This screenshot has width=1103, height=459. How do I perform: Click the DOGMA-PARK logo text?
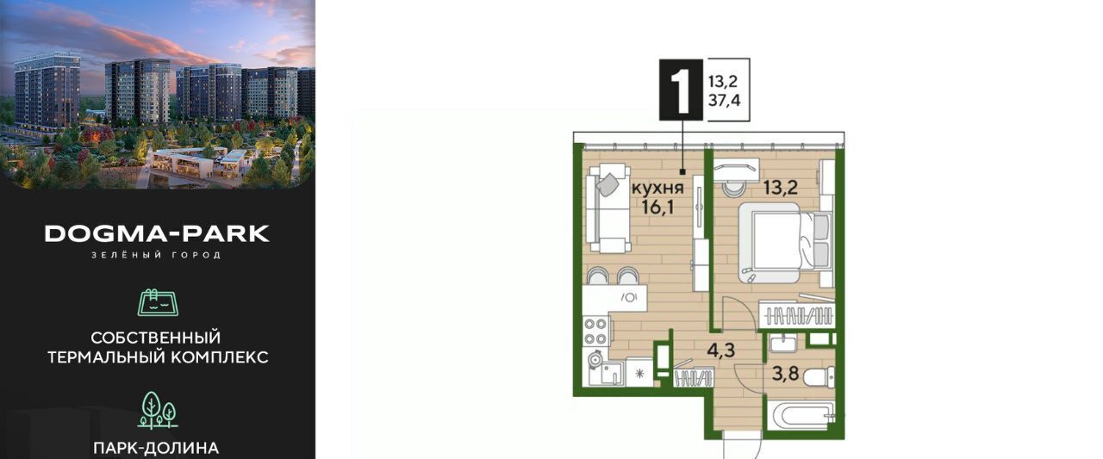click(x=157, y=233)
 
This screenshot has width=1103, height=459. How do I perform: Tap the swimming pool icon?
click(x=158, y=302)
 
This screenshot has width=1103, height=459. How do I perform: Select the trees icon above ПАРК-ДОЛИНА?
click(x=158, y=410)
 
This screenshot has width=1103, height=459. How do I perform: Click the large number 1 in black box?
click(x=681, y=90)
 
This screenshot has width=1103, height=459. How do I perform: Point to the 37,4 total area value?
click(x=725, y=101)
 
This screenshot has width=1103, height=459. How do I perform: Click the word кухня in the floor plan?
click(x=657, y=188)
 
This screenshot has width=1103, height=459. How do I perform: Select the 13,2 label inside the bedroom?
click(x=781, y=188)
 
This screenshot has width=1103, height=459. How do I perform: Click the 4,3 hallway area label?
click(x=721, y=350)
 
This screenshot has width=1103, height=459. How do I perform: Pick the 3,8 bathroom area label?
click(x=785, y=374)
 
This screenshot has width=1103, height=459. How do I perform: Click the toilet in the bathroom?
click(x=819, y=377)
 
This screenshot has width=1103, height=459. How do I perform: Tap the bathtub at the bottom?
click(x=801, y=416)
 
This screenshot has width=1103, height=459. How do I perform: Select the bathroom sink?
click(x=783, y=343)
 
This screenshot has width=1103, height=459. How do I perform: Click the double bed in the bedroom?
click(x=785, y=243)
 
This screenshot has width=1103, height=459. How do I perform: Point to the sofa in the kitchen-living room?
click(x=608, y=208)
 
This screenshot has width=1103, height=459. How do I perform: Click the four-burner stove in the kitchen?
click(x=595, y=331)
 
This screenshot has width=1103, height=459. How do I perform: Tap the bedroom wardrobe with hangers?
click(x=797, y=313)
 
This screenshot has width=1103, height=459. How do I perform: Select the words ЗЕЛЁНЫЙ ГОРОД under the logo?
click(x=157, y=255)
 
